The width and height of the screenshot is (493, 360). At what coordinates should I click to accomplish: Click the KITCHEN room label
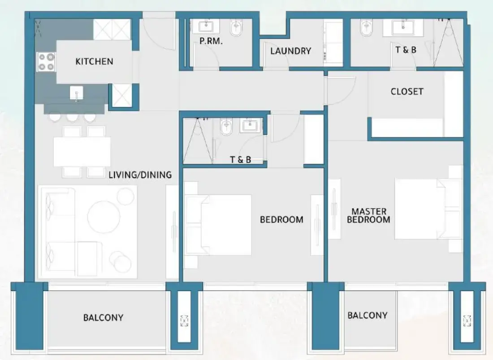94,61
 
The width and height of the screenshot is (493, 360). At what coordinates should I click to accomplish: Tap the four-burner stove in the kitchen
46,62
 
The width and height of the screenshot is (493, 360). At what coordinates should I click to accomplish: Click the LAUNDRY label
290,51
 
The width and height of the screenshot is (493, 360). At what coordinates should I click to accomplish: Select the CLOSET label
407,91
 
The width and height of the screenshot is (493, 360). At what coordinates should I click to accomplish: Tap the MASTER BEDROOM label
368,215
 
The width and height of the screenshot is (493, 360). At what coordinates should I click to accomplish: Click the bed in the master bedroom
421,209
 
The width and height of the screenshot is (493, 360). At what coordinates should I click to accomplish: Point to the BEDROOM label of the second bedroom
281,220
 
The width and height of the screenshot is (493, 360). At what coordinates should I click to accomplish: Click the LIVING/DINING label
140,175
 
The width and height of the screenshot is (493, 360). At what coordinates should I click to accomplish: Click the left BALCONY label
103,318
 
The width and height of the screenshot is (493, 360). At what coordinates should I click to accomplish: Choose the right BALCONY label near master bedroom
367,316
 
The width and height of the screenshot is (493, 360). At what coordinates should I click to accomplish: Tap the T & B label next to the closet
406,50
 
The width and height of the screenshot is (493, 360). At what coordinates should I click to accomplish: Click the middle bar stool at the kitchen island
72,117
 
